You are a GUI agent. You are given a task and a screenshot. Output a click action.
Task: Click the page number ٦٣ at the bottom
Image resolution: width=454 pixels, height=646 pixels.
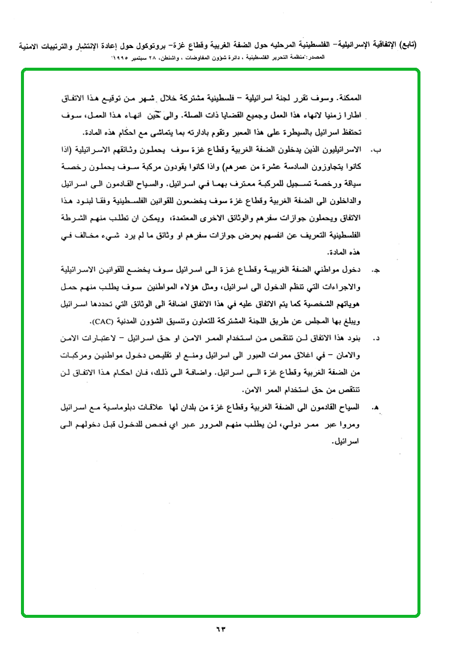[x=227, y=629]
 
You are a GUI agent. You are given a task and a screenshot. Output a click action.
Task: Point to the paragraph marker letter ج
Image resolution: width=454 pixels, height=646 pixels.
[x=376, y=271]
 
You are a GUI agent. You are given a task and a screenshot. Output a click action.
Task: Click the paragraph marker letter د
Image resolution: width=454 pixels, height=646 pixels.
[x=377, y=339]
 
